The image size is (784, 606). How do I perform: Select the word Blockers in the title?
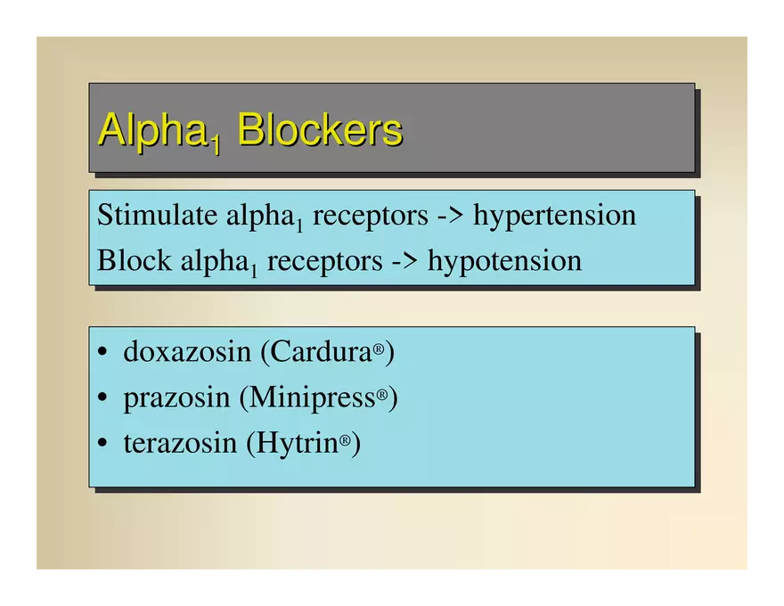[x=320, y=129]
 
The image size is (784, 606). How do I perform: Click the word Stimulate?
[x=157, y=215]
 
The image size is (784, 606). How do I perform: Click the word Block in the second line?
[x=134, y=260]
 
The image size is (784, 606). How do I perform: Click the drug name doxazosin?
[x=187, y=351]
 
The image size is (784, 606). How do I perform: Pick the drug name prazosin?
[x=176, y=399]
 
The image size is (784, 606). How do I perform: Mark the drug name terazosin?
[x=180, y=443]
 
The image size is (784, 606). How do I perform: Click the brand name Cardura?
[x=322, y=351]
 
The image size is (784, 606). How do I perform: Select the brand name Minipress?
[x=313, y=398]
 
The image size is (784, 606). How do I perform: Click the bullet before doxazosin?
[x=102, y=351]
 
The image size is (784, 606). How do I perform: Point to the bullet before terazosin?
[x=102, y=443]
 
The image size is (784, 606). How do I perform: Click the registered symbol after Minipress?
[x=382, y=395]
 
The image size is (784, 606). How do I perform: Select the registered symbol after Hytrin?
[x=345, y=440]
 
